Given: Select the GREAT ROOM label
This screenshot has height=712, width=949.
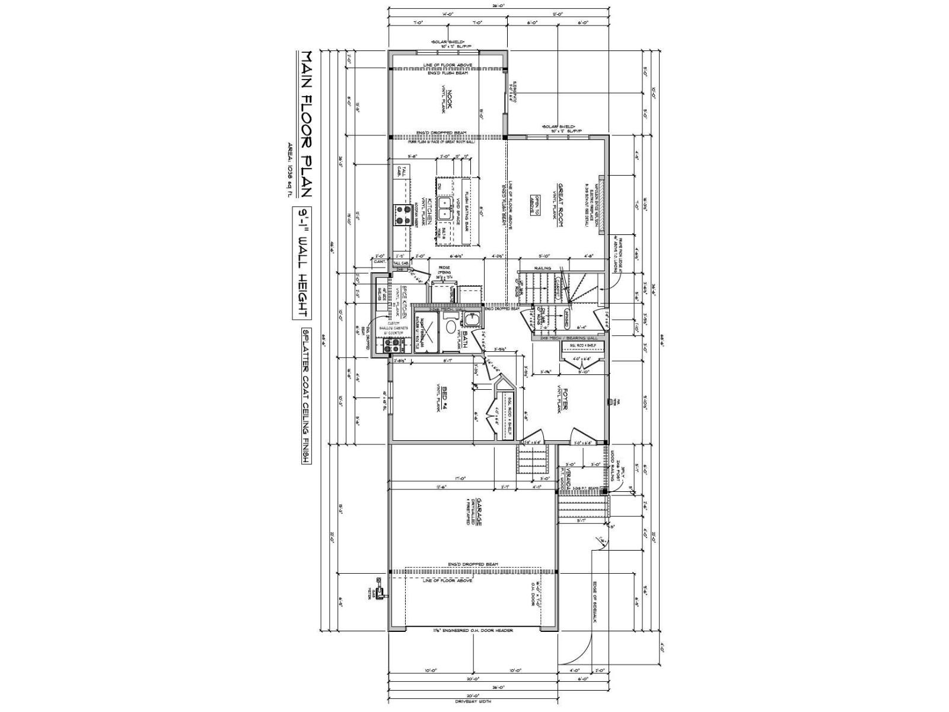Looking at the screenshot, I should point(558,202).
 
